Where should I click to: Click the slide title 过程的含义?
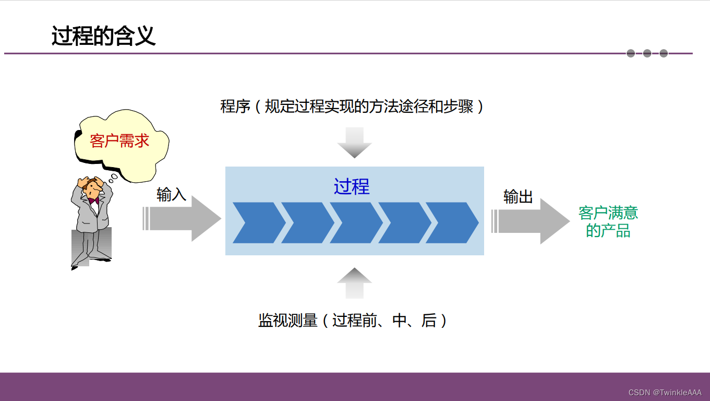(x=103, y=37)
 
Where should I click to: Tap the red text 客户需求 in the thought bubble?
(x=119, y=140)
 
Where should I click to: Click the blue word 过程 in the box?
(x=352, y=186)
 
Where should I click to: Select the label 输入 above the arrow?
(x=171, y=195)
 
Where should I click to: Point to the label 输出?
(x=518, y=197)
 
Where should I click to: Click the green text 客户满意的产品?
(x=608, y=221)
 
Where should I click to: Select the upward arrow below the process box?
(x=354, y=276)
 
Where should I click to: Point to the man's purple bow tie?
(x=93, y=200)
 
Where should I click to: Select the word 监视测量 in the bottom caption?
(x=287, y=320)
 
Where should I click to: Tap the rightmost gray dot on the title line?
(x=664, y=53)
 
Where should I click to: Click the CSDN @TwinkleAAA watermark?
(x=665, y=393)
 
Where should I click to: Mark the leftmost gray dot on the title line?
(x=631, y=53)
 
